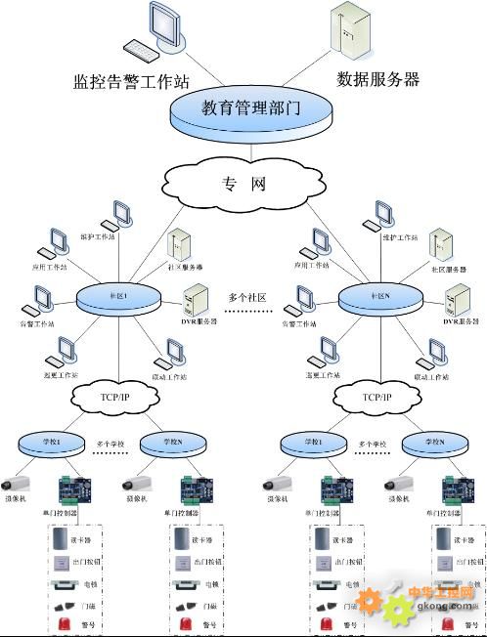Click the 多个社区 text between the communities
pyautogui.click(x=248, y=296)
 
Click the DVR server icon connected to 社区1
pyautogui.click(x=195, y=299)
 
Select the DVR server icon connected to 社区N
pyautogui.click(x=457, y=299)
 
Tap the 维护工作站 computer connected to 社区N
pyautogui.click(x=383, y=216)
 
